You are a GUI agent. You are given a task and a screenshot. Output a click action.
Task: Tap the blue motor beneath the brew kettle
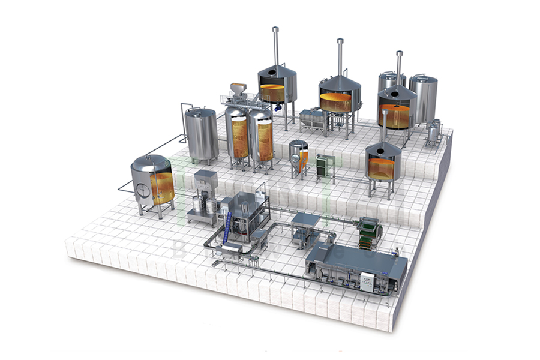point(278,107)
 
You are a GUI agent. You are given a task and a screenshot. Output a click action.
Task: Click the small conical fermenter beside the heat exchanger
point(298,154)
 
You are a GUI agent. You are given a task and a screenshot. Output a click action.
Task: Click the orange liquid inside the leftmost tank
point(162,185)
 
